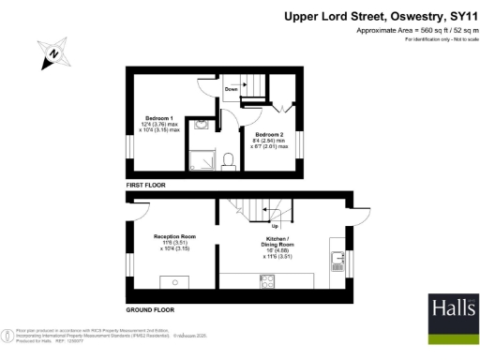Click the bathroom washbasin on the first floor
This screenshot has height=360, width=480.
point(205,123)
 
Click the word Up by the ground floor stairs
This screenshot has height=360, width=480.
point(274,225)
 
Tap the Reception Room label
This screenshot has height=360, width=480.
point(174,240)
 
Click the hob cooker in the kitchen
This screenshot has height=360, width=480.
point(265,278)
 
